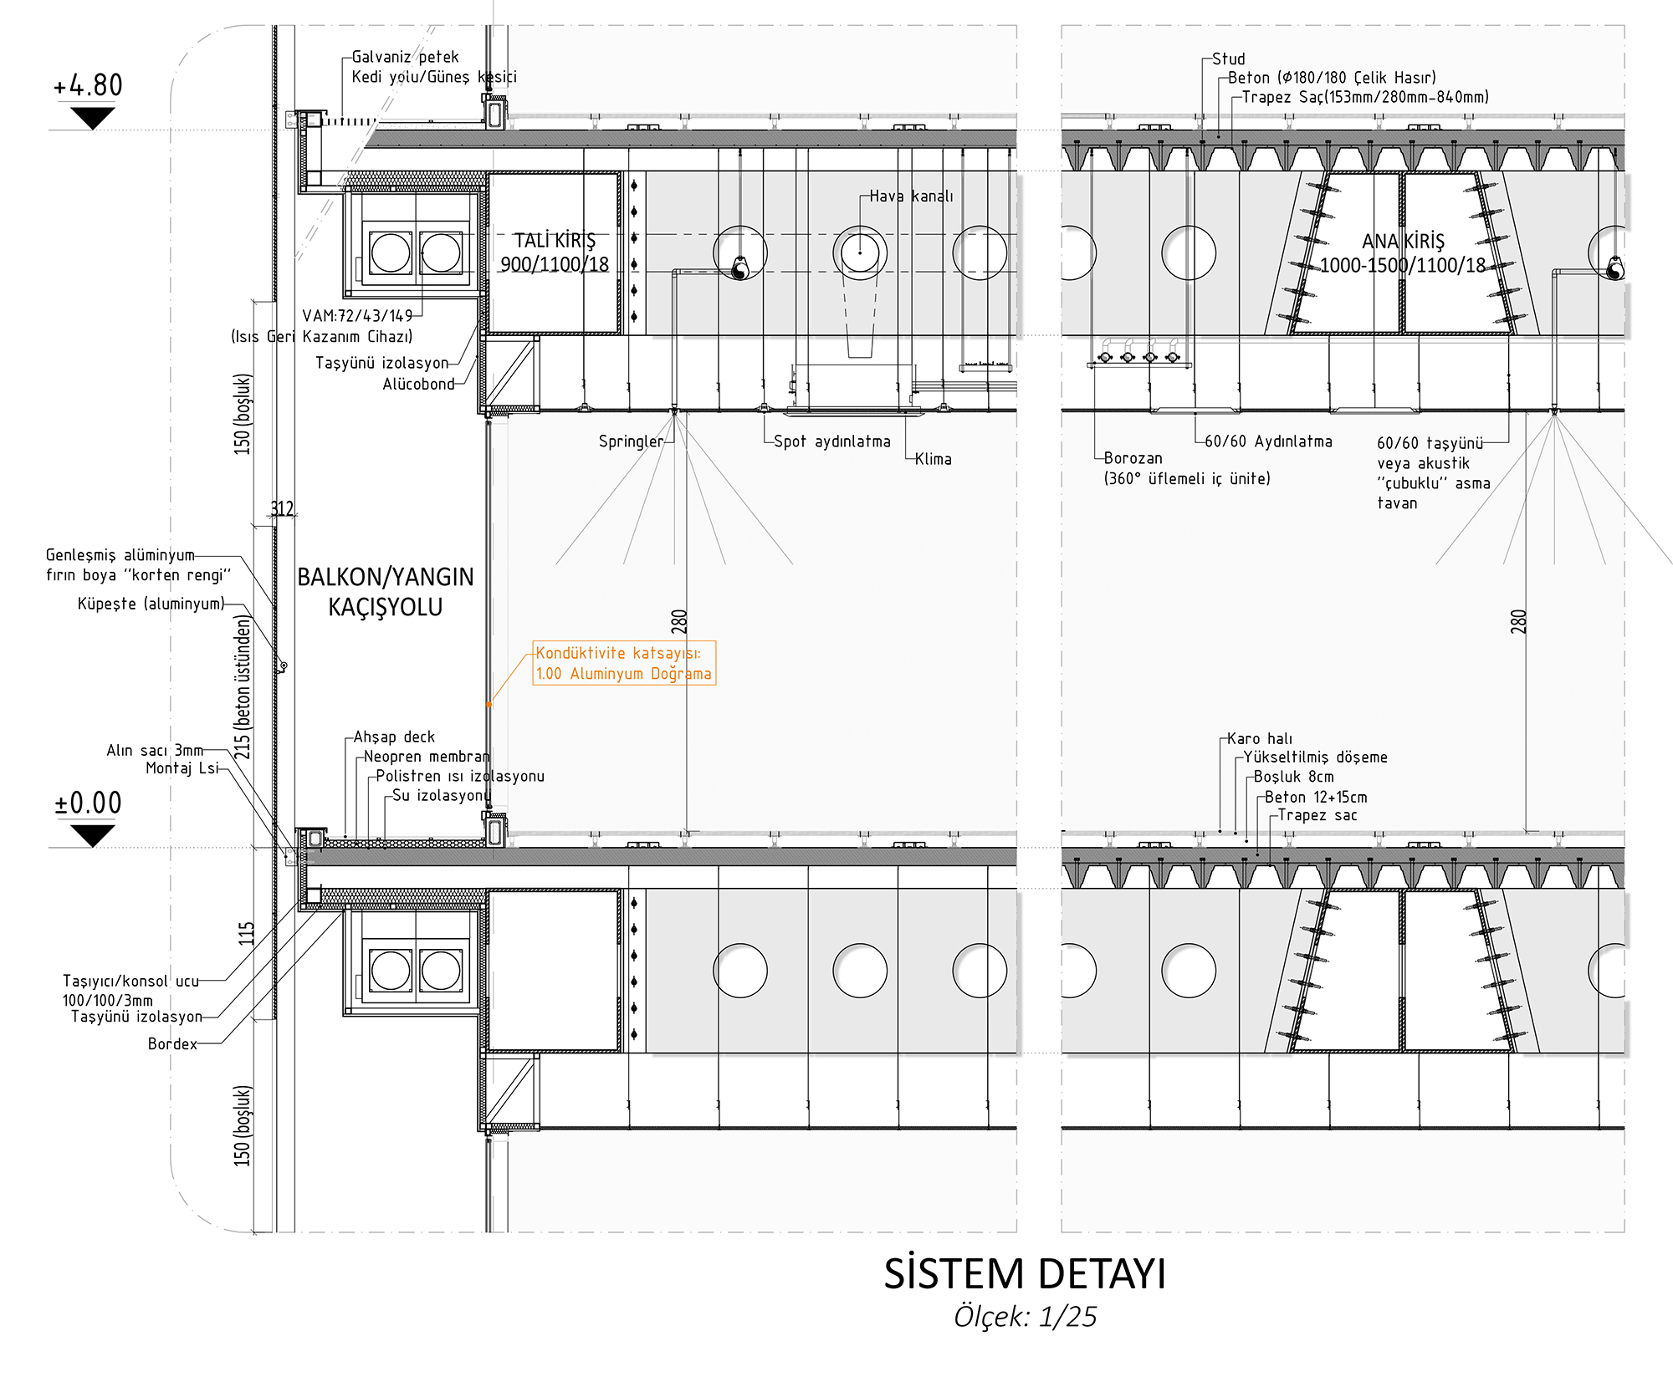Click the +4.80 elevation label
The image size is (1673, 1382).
pos(88,85)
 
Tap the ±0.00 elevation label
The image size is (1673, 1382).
pos(88,803)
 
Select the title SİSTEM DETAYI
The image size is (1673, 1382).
pos(1025,1274)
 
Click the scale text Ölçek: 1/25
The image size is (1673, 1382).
pos(1025,1317)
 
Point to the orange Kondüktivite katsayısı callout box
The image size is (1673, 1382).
pos(624,663)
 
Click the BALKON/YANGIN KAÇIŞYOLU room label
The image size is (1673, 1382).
pos(386,591)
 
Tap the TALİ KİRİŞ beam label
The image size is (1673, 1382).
pos(555,252)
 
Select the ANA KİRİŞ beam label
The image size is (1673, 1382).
pos(1403,253)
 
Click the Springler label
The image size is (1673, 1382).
pos(631,441)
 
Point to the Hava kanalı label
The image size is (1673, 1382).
pos(911,196)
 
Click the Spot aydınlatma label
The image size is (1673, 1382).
pos(832,441)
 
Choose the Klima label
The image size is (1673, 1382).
pos(933,459)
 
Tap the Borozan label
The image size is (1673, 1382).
pos(1133,458)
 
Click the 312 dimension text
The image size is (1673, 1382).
pos(282,508)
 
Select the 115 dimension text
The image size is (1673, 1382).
pos(246,933)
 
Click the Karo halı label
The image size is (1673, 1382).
pos(1260,738)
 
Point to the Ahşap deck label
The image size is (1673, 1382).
pos(394,737)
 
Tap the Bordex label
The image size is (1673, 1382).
pos(172,1043)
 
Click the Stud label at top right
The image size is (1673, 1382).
pos(1228,59)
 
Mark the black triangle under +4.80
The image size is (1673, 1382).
pos(92,118)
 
